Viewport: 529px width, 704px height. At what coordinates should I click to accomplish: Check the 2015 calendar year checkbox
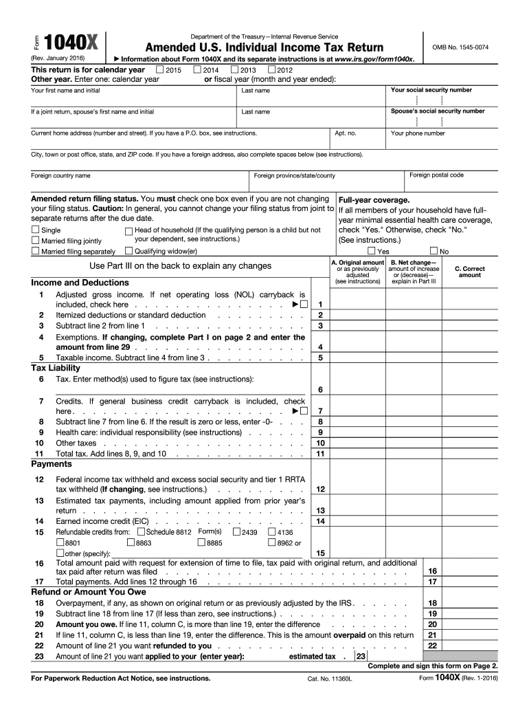point(160,70)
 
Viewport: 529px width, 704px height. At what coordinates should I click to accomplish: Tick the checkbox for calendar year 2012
point(272,70)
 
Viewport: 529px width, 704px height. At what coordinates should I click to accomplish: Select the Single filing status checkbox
point(36,230)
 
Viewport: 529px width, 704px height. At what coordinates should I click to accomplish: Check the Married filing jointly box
point(36,241)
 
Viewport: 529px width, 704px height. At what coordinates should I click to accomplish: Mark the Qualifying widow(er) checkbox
point(128,252)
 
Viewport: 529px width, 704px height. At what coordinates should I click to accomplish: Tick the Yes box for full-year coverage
point(372,252)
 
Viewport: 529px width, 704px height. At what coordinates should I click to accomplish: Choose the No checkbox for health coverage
point(434,252)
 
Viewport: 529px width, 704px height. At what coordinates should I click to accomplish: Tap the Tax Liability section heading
point(56,368)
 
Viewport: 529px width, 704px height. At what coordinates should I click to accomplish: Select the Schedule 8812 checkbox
point(141,532)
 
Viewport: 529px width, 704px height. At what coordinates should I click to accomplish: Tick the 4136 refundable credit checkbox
point(271,532)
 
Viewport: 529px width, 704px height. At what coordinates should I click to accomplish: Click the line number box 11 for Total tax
point(320,454)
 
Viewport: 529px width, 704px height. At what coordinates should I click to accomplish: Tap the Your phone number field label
point(418,133)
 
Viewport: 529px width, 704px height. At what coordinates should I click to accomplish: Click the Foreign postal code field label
point(436,175)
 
